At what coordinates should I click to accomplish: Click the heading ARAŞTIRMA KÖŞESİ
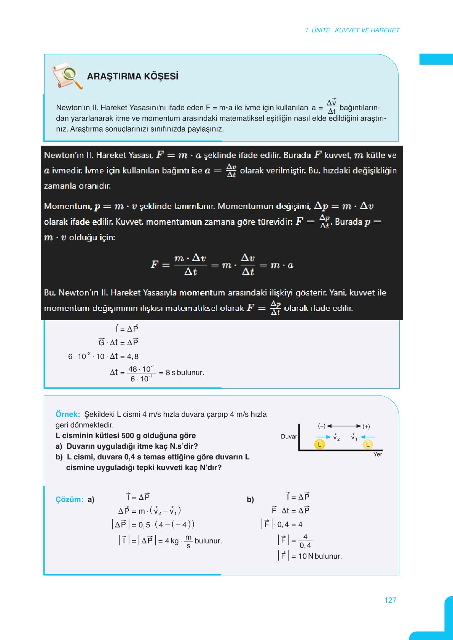point(132,76)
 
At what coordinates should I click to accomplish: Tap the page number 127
point(390,600)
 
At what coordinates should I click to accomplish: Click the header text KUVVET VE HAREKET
point(367,30)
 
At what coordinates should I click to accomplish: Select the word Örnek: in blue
point(68,414)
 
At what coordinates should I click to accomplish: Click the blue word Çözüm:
point(69,499)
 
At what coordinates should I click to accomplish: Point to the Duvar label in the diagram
point(289,437)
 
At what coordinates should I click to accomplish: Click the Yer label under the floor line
point(378,454)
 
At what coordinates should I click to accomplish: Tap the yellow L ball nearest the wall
point(319,444)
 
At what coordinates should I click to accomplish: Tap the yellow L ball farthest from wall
point(367,444)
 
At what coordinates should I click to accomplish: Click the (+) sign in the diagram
point(366,426)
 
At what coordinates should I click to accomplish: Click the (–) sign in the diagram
point(322,426)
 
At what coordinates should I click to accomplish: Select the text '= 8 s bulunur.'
point(181,373)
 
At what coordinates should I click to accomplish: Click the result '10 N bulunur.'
point(320,556)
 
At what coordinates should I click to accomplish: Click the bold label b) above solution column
point(250,499)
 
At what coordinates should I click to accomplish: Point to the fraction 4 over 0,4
point(305,541)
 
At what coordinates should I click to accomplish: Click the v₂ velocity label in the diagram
point(336,437)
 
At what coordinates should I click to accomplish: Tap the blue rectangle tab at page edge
point(436,59)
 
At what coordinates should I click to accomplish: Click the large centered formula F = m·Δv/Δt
point(222,265)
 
